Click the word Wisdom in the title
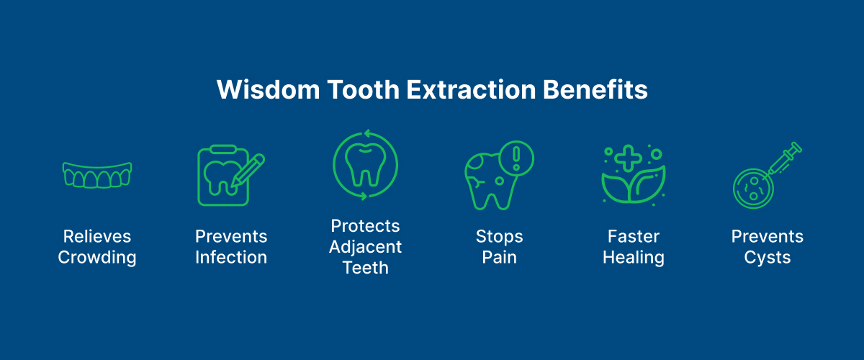pos(269,89)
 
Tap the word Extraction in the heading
pos(471,89)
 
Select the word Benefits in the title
pos(595,89)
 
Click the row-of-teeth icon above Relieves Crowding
pos(97,175)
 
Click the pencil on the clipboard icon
pos(248,171)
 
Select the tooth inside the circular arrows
pos(365,165)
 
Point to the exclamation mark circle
pos(516,158)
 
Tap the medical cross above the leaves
pos(628,158)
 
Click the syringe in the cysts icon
pos(784,159)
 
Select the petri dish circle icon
pos(753,189)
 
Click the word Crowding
pos(97,258)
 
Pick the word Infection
pos(231,257)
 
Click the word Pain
pos(499,257)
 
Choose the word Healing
pos(634,258)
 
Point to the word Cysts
pos(768,258)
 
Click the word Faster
pos(634,237)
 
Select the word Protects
pos(365,226)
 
